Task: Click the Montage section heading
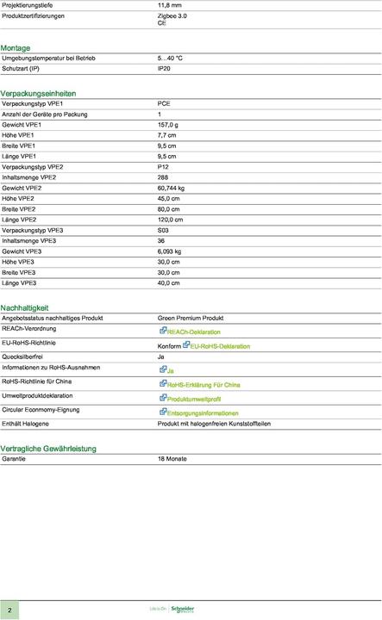point(16,47)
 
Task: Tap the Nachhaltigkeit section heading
point(24,307)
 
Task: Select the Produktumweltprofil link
point(193,400)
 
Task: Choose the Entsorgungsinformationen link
point(202,413)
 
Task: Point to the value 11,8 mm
point(170,4)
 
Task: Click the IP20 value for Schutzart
point(164,67)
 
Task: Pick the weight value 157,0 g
point(167,124)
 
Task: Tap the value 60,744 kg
point(171,188)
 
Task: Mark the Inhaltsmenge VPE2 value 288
point(163,177)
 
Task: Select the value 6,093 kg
point(169,251)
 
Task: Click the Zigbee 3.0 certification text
point(172,15)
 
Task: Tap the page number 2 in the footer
point(9,608)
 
